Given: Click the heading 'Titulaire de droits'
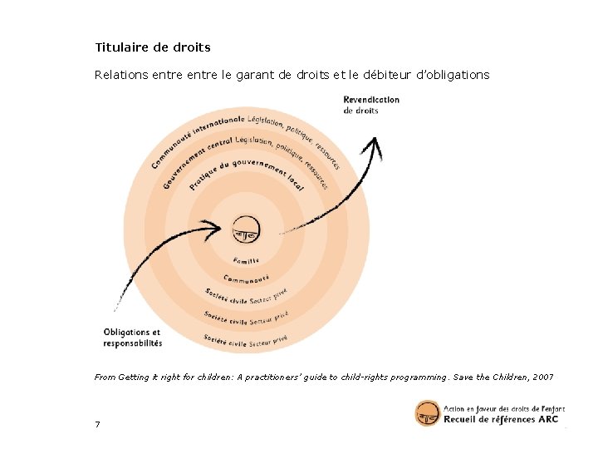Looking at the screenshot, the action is [x=153, y=47].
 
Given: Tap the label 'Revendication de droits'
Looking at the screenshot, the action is [x=371, y=105].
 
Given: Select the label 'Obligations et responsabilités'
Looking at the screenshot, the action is [x=133, y=337].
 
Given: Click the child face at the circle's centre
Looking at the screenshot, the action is [x=246, y=227].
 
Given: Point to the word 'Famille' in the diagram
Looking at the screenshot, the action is [x=246, y=261].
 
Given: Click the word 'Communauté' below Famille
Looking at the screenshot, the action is [x=247, y=279].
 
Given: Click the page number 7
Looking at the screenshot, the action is [x=98, y=425].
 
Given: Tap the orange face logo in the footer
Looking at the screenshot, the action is [x=428, y=413].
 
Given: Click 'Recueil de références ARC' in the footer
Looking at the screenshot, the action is [x=501, y=420].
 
